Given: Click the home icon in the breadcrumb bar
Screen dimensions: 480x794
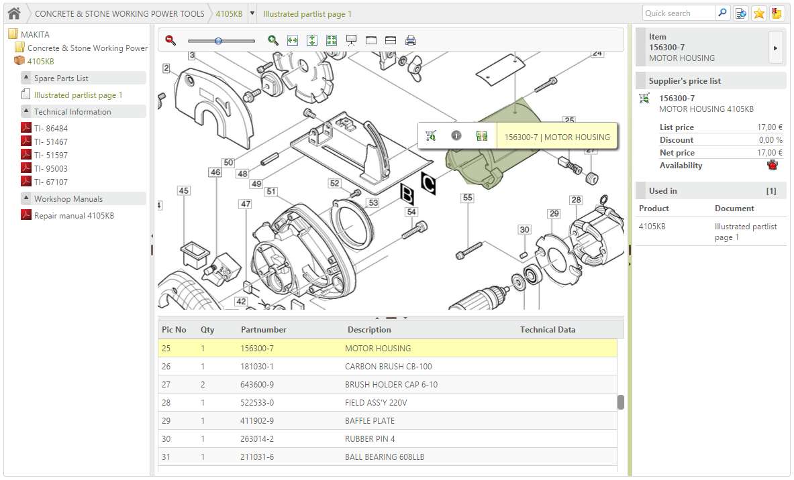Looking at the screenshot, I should point(14,13).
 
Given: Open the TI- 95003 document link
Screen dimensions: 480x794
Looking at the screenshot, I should point(50,168).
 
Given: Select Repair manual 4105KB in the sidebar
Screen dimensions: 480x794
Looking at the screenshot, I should point(74,216).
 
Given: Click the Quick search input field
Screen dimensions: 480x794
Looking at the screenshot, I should point(679,13).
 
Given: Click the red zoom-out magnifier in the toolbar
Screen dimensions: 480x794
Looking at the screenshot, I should point(170,40).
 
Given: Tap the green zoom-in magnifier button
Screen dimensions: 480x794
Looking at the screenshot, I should point(272,40).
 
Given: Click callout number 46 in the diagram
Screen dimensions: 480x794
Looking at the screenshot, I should point(215,172).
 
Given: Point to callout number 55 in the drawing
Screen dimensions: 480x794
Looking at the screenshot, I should point(467,198).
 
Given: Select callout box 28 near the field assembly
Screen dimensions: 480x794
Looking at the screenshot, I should point(576,200).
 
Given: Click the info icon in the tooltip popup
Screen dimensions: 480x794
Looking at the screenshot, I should point(456,136).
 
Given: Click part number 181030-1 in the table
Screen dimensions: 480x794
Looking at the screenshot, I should point(257,367).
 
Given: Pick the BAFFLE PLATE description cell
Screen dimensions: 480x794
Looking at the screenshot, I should point(369,421).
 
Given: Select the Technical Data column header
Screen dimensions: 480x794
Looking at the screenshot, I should point(547,330).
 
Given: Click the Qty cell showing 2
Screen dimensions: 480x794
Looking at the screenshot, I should point(203,385).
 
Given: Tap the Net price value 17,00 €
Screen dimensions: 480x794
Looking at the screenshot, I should point(770,153).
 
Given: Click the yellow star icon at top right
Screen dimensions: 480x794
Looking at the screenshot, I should point(759,13).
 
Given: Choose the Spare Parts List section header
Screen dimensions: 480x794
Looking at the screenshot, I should point(61,78).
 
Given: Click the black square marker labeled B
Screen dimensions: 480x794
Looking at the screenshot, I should point(407,193).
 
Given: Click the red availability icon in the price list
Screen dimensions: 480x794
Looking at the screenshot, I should point(772,166).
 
